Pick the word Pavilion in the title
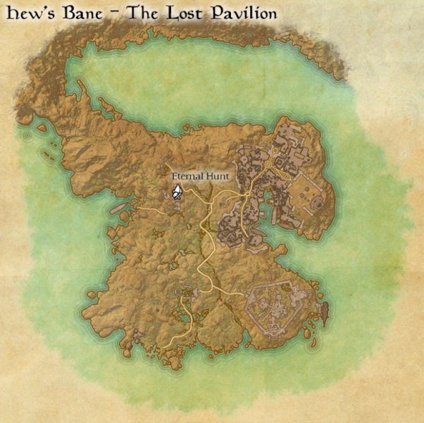coord(242,14)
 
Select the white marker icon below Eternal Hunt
coord(177,192)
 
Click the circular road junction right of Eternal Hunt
coord(248,192)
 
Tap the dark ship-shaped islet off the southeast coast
coord(325,309)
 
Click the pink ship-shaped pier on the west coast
coord(119,208)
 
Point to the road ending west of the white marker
coord(138,209)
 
